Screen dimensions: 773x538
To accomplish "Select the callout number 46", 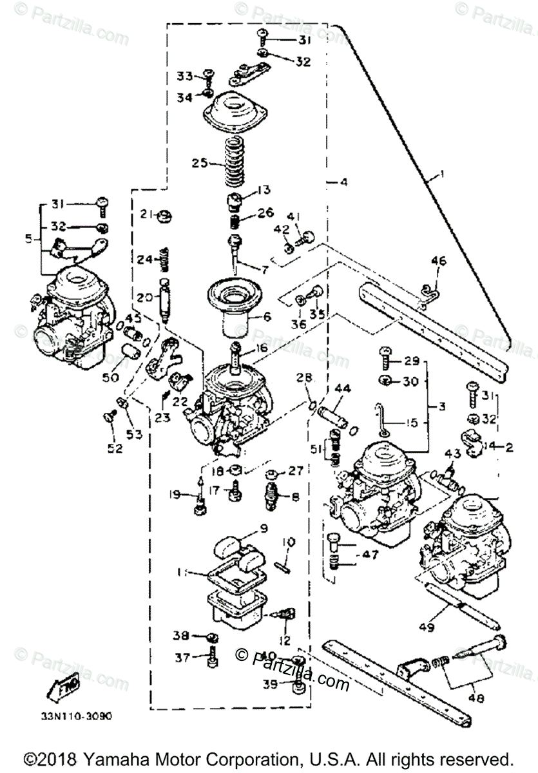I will [x=438, y=262].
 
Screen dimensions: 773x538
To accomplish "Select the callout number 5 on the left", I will [x=28, y=239].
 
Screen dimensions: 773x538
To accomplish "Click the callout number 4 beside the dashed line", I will [x=344, y=182].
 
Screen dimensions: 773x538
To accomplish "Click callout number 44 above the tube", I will [x=343, y=388].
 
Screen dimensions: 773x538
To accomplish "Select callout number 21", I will [x=145, y=214].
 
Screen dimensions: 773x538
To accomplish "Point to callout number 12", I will [x=285, y=641].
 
